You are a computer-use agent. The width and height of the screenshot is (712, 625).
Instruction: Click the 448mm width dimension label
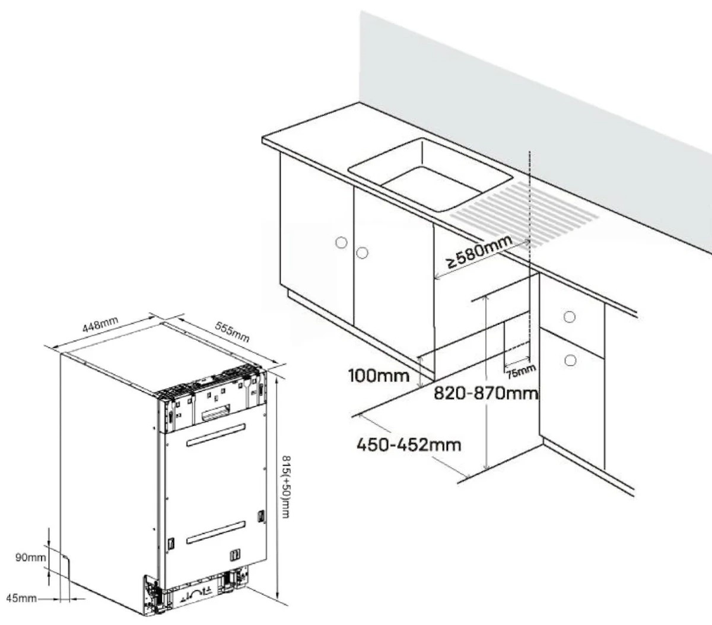[x=100, y=324]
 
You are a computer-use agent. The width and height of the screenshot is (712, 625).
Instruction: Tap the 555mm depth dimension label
[x=233, y=331]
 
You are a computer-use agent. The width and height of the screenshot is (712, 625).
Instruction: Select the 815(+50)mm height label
[x=287, y=487]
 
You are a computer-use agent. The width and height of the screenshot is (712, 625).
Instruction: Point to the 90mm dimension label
[x=31, y=557]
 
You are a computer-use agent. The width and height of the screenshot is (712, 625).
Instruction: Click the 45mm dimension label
[x=21, y=598]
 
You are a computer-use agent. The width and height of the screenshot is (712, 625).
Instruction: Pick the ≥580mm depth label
[x=479, y=251]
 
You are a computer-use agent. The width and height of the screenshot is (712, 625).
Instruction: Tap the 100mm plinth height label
[x=379, y=375]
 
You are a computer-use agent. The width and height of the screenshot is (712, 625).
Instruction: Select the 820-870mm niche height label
[x=486, y=393]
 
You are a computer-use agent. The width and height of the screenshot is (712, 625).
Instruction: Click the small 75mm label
[x=521, y=371]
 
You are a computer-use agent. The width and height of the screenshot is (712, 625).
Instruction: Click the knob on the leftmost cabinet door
[x=341, y=242]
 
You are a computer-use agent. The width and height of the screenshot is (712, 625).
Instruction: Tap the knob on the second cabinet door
[x=362, y=253]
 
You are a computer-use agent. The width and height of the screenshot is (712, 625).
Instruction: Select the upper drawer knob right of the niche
[x=570, y=317]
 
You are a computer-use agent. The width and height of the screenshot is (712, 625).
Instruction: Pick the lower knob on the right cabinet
[x=570, y=361]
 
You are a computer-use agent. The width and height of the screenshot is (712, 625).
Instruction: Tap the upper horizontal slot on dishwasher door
[x=216, y=435]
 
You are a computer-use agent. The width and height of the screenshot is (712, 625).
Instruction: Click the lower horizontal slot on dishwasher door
[x=216, y=532]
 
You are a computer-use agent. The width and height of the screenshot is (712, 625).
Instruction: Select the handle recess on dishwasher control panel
[x=216, y=412]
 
